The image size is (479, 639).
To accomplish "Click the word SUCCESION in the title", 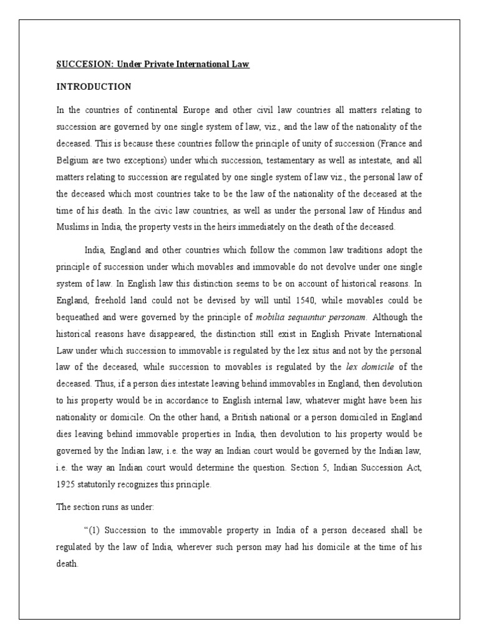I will (x=79, y=64).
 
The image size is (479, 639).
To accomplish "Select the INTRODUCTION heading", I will (x=94, y=86).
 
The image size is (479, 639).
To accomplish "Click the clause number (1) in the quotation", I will (x=94, y=530).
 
